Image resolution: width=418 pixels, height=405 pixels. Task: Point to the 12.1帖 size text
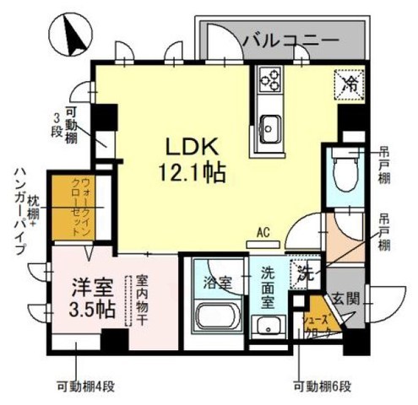click(189, 175)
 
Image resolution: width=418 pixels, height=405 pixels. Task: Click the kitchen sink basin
click(271, 127)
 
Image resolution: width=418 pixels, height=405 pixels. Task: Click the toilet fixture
click(345, 168)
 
